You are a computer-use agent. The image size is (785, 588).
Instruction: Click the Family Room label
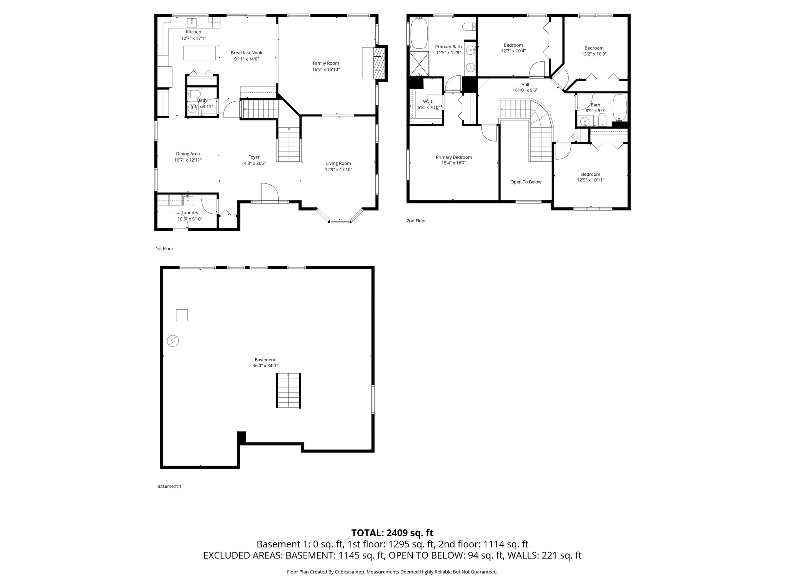(325, 63)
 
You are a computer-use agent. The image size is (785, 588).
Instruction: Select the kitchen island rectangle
(199, 53)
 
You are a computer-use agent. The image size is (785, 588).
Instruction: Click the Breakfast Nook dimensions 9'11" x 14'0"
(246, 59)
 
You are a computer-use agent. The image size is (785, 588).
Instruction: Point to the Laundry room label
(190, 213)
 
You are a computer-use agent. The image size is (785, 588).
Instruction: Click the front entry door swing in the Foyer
(268, 192)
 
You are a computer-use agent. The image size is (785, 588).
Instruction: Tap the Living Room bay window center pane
(340, 221)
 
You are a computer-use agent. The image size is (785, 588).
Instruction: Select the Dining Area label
(188, 154)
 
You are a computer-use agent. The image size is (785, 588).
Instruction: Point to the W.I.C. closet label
(429, 101)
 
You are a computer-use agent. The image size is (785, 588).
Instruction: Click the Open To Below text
(526, 182)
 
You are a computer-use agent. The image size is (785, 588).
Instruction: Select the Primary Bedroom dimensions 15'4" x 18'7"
(454, 163)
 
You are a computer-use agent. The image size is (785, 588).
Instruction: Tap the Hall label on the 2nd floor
(525, 85)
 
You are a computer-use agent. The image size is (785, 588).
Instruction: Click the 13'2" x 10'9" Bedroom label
(594, 48)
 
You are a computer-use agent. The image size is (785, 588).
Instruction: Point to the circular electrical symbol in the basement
(173, 341)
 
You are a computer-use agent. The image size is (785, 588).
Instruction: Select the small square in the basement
(182, 315)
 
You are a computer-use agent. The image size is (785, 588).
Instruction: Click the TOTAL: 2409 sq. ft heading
(392, 533)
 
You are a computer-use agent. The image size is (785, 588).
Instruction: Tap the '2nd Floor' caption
(416, 221)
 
